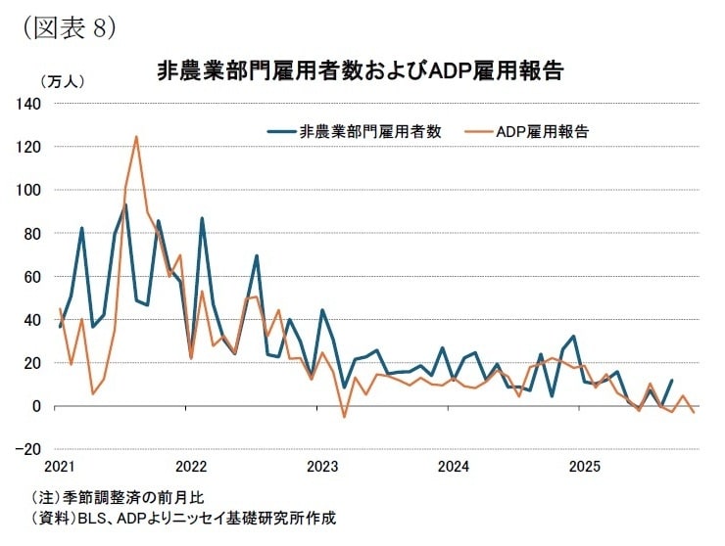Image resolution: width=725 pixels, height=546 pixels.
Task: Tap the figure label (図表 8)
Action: coord(68,26)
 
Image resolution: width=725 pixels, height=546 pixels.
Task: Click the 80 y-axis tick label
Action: coord(30,233)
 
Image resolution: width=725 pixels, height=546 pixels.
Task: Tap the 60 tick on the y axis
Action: coord(30,276)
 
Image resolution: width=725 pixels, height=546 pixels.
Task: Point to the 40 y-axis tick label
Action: coord(30,319)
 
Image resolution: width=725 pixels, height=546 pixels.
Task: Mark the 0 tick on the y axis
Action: coord(34,406)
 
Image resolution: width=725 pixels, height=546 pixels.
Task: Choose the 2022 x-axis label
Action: coord(191,464)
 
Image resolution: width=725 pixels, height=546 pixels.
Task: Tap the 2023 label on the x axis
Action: coord(322,464)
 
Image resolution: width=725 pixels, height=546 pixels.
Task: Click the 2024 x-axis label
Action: coord(454,464)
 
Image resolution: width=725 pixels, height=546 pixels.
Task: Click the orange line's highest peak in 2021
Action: coord(136,137)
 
